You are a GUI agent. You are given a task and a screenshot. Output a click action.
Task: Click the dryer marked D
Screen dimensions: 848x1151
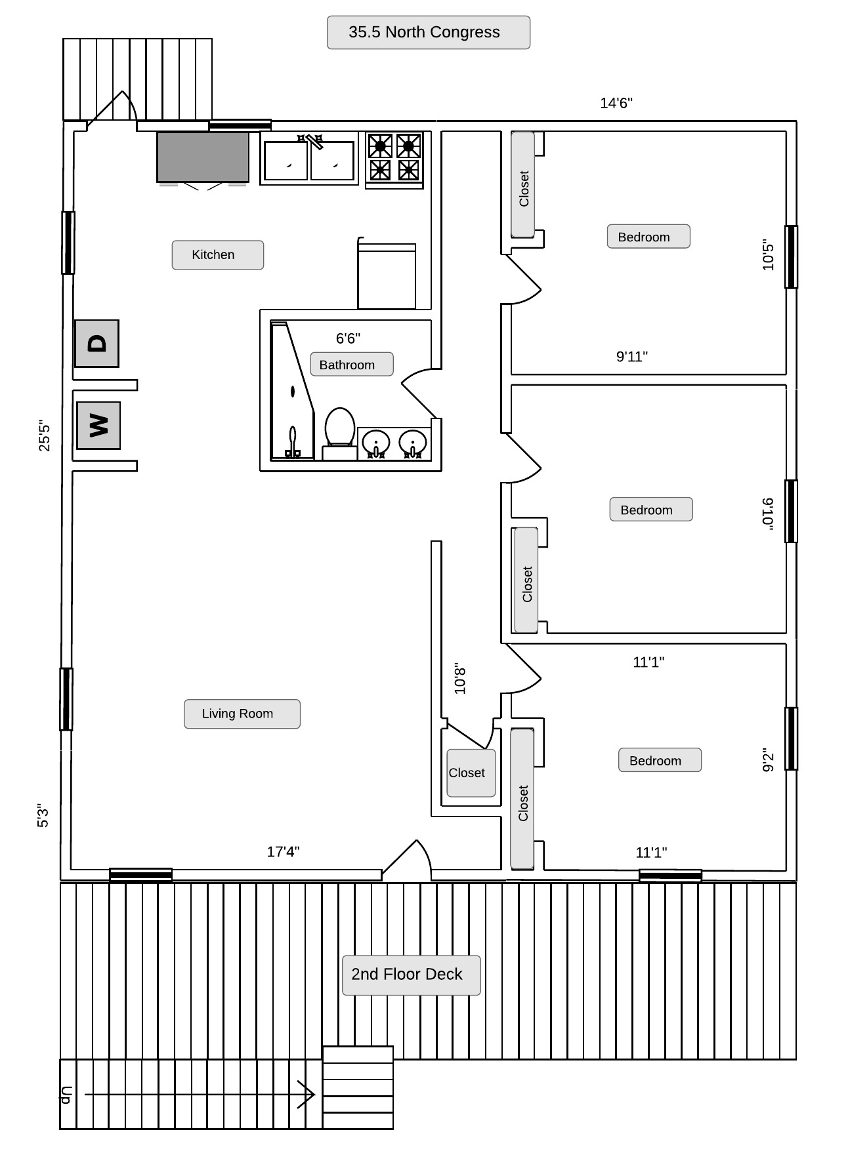click(96, 343)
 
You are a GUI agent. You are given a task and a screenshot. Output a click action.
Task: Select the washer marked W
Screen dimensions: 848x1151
click(98, 425)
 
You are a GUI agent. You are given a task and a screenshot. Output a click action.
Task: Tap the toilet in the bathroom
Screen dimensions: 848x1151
click(340, 434)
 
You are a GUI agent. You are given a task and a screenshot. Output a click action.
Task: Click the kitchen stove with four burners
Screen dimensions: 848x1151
click(394, 159)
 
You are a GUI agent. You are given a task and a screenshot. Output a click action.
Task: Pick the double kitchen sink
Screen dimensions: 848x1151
click(308, 158)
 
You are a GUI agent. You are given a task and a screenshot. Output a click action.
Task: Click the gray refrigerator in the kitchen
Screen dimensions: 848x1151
click(203, 157)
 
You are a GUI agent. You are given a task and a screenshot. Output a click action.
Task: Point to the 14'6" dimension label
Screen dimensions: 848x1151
click(616, 103)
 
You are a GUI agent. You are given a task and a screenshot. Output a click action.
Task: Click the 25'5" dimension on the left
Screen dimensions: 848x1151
click(44, 435)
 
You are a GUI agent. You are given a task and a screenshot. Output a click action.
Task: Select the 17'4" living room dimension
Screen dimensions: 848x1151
click(283, 851)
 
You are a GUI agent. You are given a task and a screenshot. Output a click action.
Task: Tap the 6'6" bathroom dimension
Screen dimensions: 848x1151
click(348, 338)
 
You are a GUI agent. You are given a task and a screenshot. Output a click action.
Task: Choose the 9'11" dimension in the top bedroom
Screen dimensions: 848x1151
click(631, 356)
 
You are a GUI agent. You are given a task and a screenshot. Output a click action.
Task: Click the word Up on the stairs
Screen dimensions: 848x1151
click(66, 1095)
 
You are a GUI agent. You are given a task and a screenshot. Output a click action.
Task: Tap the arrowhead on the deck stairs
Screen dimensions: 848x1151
click(307, 1094)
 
